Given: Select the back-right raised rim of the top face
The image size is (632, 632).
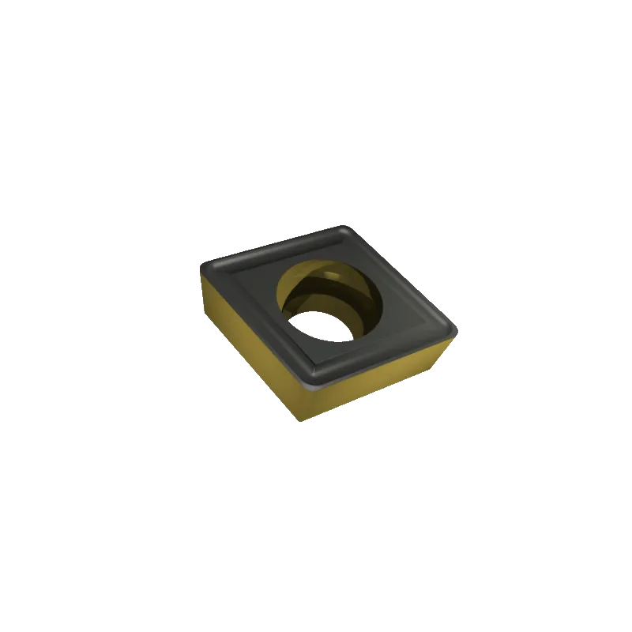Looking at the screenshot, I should click(403, 276).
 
